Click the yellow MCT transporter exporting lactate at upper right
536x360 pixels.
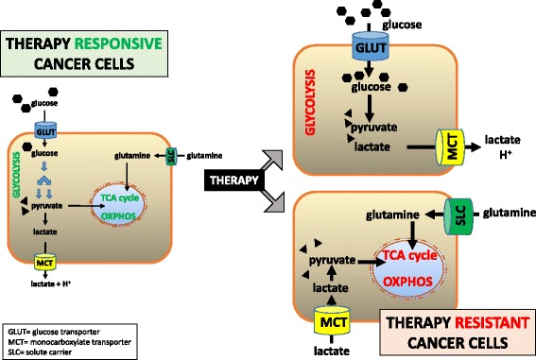coord(448,149)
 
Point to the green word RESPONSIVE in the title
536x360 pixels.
coord(119,43)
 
